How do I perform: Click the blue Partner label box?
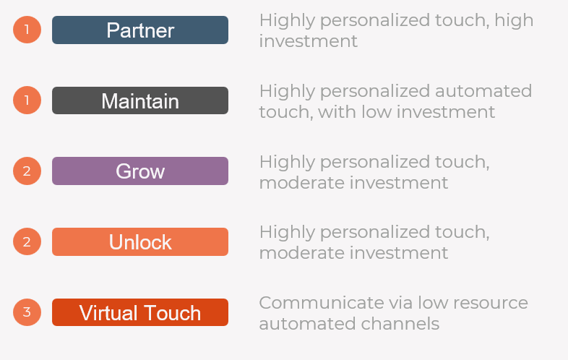point(140,30)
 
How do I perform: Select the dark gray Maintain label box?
point(140,100)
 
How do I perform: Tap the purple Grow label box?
point(140,171)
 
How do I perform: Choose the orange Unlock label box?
point(140,242)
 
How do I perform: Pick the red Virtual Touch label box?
point(140,312)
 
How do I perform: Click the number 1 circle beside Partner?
point(27,30)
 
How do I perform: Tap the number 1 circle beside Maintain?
point(27,100)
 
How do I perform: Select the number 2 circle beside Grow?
point(27,171)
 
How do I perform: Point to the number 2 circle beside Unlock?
point(27,241)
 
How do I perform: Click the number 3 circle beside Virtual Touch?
point(27,312)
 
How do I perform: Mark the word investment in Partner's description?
point(309,41)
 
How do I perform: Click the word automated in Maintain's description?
point(483,91)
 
